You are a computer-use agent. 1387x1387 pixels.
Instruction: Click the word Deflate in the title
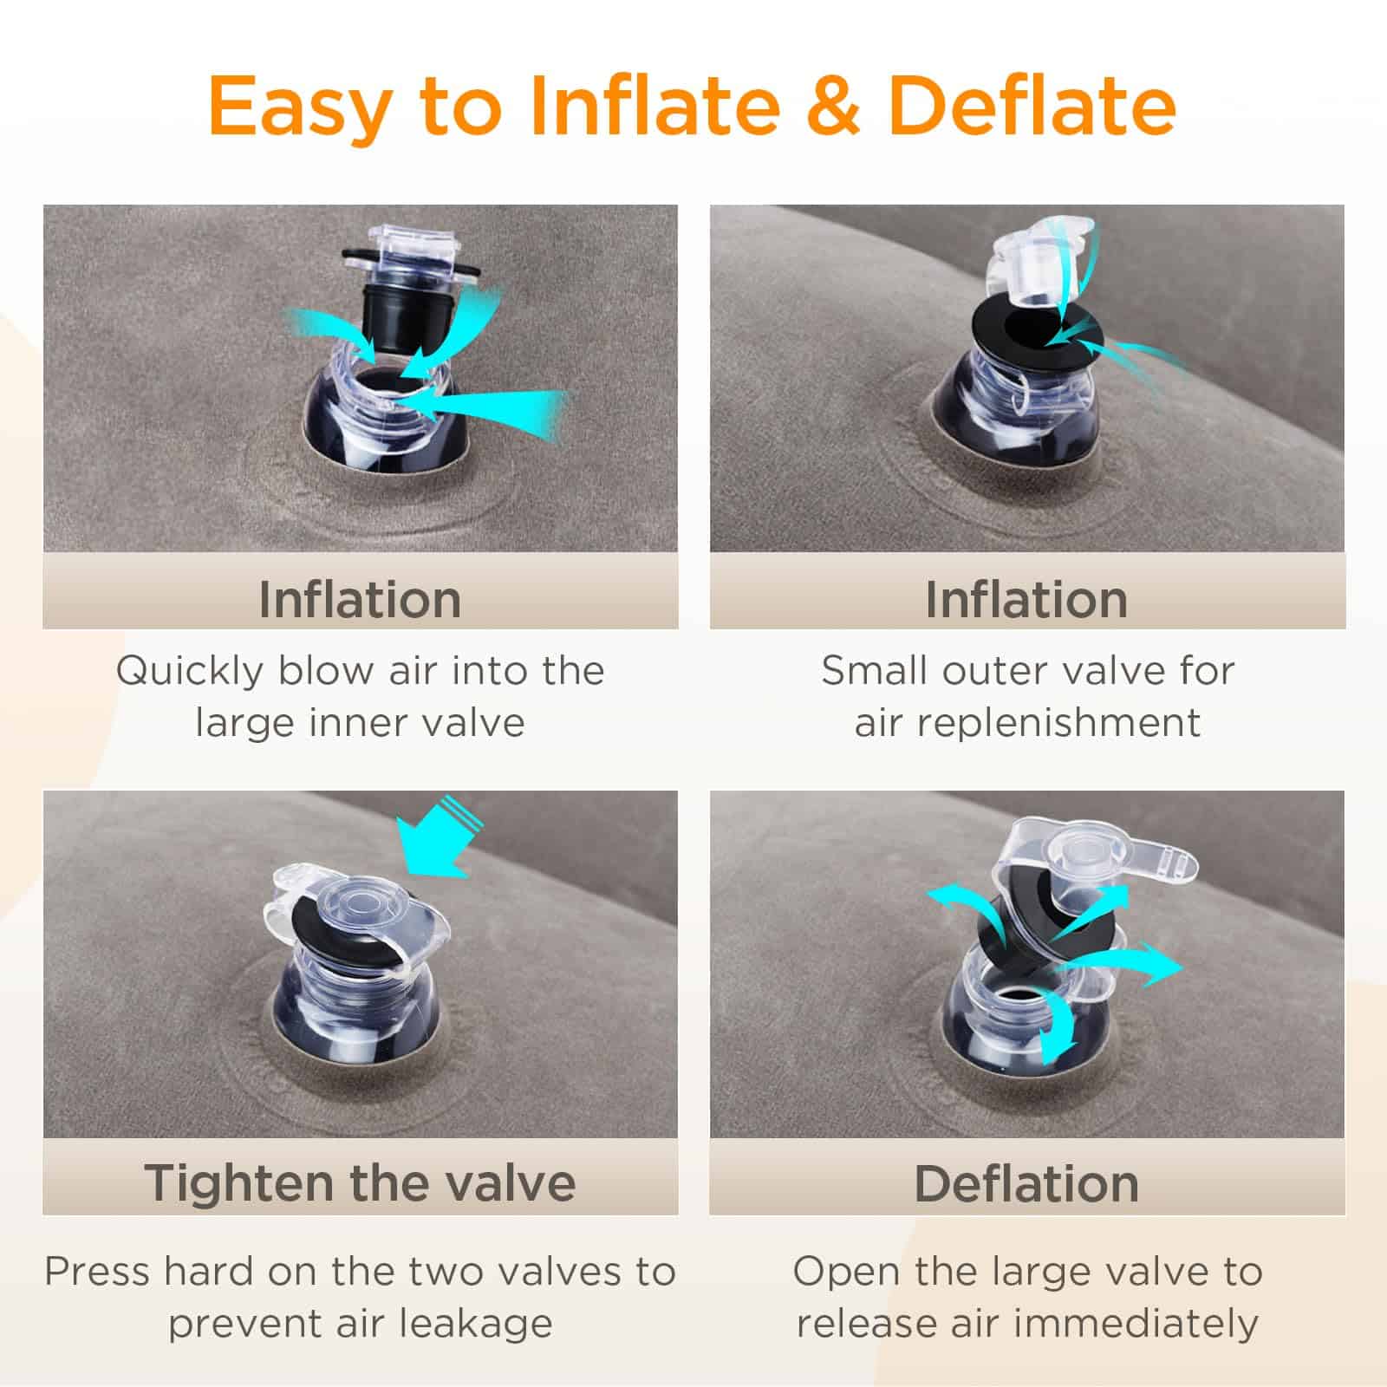pos(1032,106)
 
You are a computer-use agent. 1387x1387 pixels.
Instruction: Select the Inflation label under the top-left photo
pos(360,599)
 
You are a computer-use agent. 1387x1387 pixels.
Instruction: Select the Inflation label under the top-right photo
pos(1026,599)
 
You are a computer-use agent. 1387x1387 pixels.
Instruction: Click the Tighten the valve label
pos(360,1183)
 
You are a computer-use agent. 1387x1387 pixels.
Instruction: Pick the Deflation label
pos(1026,1183)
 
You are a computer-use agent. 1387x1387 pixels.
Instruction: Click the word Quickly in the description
pos(189,672)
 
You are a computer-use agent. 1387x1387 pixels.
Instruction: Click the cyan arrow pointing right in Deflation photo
pos(1136,967)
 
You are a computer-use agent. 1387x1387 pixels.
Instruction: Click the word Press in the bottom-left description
pos(97,1273)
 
